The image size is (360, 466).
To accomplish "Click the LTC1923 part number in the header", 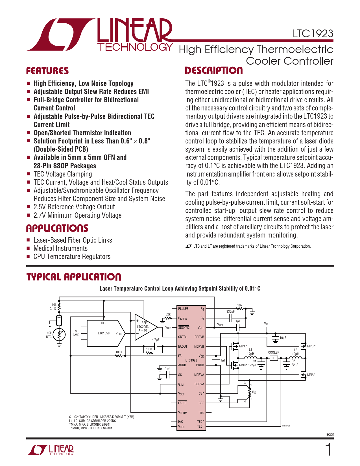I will (x=313, y=34).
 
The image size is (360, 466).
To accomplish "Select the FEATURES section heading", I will (x=47, y=71).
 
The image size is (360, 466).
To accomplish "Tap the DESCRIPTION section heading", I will (x=214, y=71).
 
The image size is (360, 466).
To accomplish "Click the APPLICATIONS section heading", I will (x=57, y=228).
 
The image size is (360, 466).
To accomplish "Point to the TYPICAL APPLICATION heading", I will (x=74, y=277).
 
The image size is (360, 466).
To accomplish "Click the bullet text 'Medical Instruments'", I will (x=60, y=249).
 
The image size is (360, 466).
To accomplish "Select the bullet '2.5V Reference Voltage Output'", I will (x=74, y=207).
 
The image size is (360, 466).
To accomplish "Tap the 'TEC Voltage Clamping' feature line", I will (x=63, y=174).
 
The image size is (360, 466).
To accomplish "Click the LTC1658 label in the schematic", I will (x=104, y=333).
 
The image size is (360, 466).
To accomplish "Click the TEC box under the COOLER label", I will (x=274, y=358).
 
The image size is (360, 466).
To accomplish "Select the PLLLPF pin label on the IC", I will (x=183, y=309).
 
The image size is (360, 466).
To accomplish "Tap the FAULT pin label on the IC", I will (x=182, y=403).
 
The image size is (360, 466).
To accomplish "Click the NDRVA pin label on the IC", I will (x=199, y=375).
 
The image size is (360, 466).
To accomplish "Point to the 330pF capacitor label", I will (x=230, y=312).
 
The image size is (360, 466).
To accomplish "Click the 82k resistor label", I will (x=168, y=314).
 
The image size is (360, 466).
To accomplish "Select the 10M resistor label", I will (x=149, y=349).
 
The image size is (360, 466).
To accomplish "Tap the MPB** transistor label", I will (x=312, y=346).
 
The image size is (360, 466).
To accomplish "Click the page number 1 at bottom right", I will (x=328, y=450).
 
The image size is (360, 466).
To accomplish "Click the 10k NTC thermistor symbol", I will (x=59, y=335).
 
